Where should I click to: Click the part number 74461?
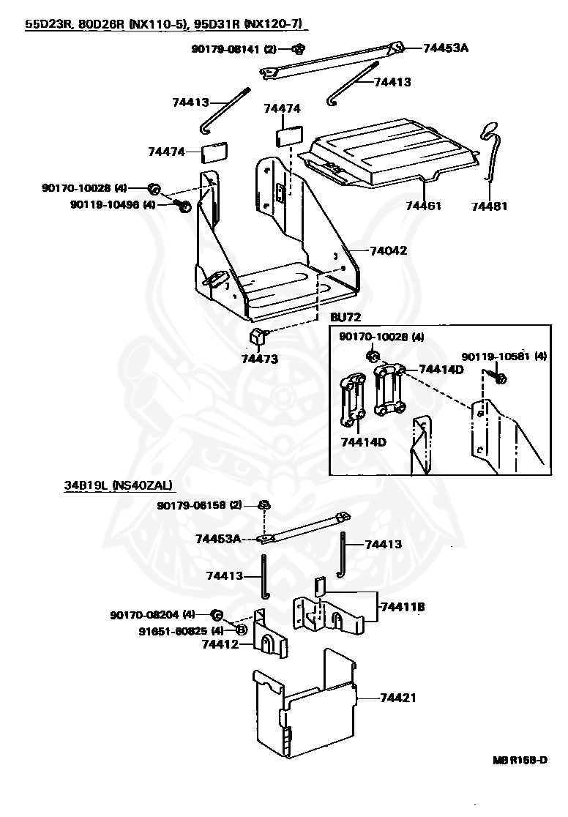click(424, 206)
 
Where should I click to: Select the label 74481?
click(489, 206)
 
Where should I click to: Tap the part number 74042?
click(388, 250)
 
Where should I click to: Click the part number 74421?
click(398, 698)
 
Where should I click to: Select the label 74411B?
click(401, 607)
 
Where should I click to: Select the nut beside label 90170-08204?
click(217, 613)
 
